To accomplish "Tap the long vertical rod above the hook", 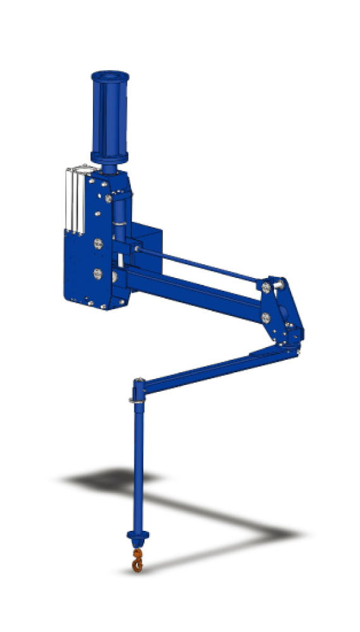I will pyautogui.click(x=137, y=468).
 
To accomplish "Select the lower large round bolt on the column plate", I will pyautogui.click(x=97, y=274).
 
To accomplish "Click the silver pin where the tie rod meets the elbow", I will pyautogui.click(x=268, y=286).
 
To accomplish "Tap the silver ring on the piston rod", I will pyautogui.click(x=119, y=222).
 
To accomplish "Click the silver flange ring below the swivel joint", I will pyautogui.click(x=136, y=399).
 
